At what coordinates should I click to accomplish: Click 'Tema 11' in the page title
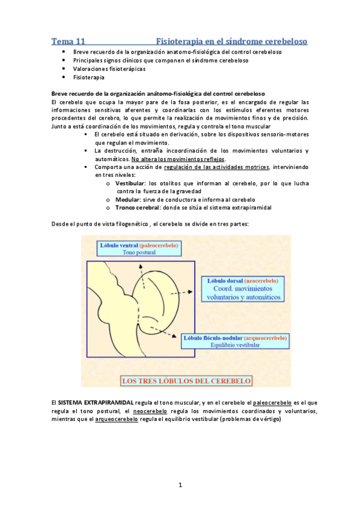click(x=67, y=41)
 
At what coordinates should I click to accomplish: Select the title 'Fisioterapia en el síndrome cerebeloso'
click(x=231, y=41)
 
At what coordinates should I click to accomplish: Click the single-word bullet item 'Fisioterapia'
click(x=88, y=78)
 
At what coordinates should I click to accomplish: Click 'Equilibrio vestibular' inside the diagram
click(x=235, y=345)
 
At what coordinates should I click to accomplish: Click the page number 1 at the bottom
click(x=180, y=484)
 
